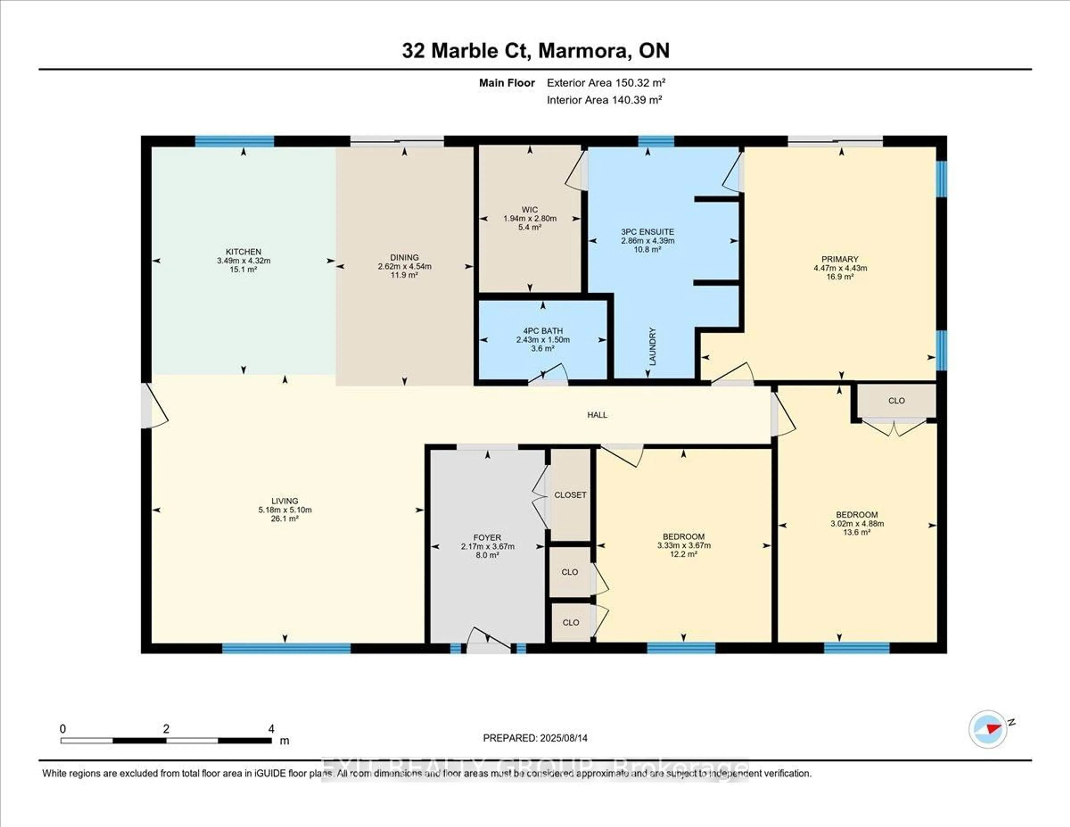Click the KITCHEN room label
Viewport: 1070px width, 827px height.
click(244, 252)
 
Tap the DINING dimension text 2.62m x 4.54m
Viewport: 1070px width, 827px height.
click(404, 267)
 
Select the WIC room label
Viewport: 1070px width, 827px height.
click(530, 210)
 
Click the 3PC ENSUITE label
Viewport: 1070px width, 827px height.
click(647, 232)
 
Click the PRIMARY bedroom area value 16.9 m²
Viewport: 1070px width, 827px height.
click(840, 277)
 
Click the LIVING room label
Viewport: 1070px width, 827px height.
click(285, 501)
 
